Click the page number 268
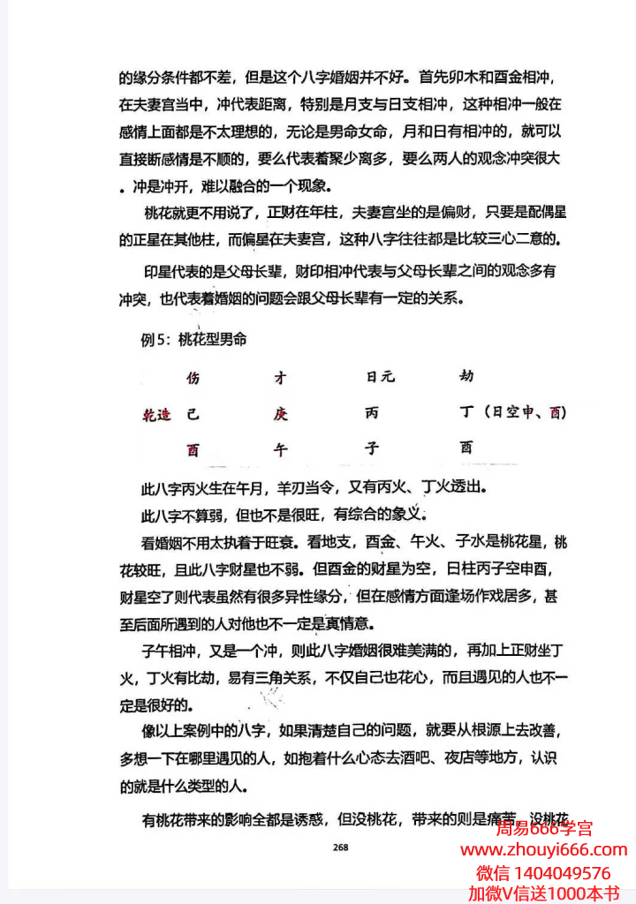point(341,847)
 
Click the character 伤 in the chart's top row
point(193,378)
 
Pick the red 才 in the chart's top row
point(281,378)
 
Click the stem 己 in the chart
point(192,414)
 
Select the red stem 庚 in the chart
point(281,414)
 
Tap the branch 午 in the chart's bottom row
point(281,449)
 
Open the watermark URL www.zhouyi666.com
point(544,850)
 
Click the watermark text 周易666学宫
point(544,828)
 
